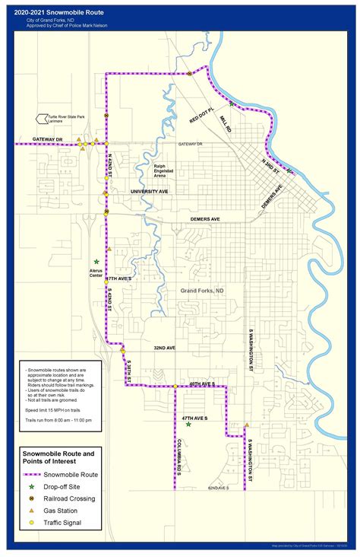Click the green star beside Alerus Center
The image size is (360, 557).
pos(96,262)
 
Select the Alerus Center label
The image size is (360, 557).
pos(96,272)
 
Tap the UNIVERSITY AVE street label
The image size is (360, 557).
pos(149,191)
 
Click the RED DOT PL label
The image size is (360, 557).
pos(201,116)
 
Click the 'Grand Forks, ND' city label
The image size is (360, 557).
pos(201,291)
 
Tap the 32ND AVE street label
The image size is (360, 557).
pos(164,348)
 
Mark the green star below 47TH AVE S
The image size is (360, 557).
pos(188,425)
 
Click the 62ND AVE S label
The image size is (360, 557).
pos(219,487)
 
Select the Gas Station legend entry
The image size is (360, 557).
pos(64,511)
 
